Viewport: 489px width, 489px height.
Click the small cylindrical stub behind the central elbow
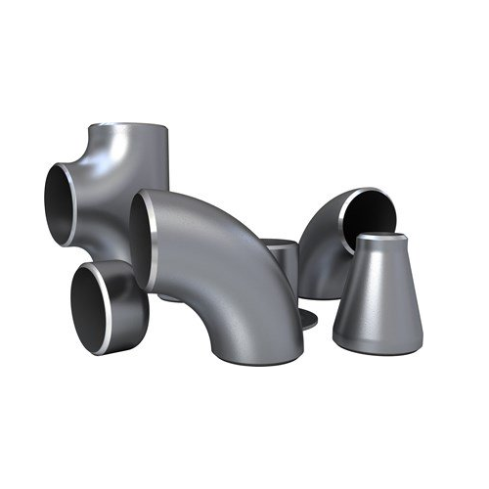[x=284, y=259]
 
